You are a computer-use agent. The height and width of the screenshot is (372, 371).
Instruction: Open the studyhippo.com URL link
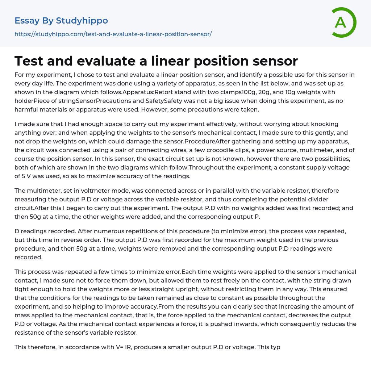[113, 34]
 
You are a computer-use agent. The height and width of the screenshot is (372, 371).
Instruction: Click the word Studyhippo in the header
[82, 21]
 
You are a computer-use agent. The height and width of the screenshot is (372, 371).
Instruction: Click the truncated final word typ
[274, 347]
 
